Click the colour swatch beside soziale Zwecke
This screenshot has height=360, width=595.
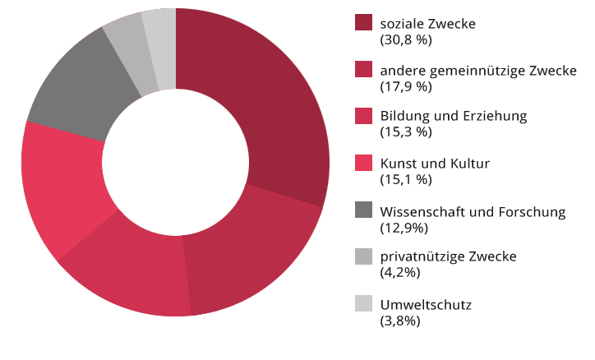pos(364,23)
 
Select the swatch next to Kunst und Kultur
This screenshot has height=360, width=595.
pos(364,163)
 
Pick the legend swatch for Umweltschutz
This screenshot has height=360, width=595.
pos(364,303)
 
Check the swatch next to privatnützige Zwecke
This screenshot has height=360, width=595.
pos(364,256)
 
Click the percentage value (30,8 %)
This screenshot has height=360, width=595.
pos(407,39)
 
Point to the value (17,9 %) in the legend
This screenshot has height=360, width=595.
pos(407,85)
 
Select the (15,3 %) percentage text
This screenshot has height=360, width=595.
pos(407,132)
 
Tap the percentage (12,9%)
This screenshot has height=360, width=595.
pos(404,226)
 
